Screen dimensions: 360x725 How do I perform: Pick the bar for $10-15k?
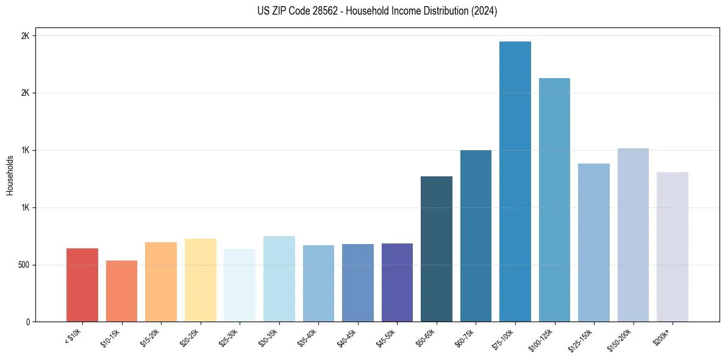[121, 291]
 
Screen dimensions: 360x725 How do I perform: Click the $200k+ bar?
[672, 247]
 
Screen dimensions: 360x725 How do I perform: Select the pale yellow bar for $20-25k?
[200, 280]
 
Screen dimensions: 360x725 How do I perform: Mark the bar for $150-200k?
[633, 235]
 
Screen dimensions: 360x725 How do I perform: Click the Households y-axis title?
[10, 175]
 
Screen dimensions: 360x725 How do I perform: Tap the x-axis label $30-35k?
[268, 336]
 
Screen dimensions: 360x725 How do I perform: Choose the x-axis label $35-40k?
[308, 336]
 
